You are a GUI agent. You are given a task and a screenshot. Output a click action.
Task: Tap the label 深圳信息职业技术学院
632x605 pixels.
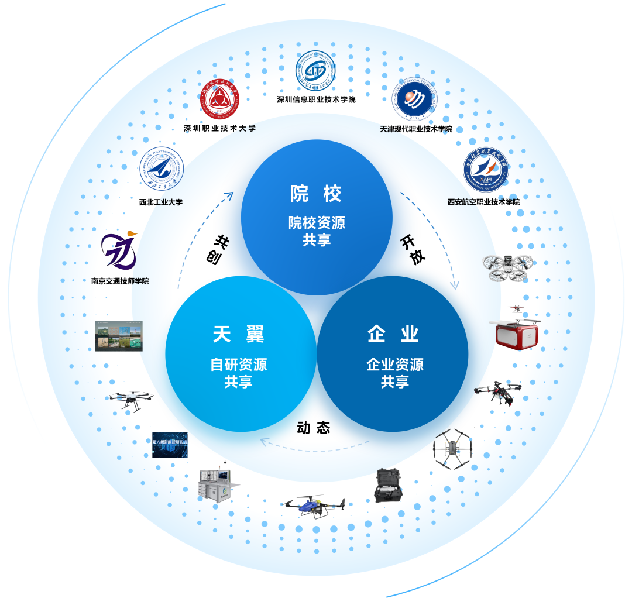pos(316,99)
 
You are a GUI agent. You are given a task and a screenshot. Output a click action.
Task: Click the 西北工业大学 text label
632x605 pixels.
pos(161,202)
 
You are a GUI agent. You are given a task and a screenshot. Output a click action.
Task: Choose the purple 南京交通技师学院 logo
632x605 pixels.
pos(120,250)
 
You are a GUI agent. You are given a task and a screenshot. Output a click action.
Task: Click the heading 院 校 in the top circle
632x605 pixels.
pos(316,194)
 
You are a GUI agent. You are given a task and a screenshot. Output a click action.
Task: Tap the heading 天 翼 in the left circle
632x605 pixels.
pos(239,335)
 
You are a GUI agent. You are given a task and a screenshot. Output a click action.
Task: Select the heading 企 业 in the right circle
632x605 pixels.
pos(394,334)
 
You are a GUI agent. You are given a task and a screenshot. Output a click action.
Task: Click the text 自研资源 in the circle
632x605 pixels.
pos(239,365)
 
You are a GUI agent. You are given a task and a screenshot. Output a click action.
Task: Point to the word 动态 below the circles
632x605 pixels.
pos(314,428)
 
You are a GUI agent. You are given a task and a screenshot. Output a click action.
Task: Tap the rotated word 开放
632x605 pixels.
pos(413,250)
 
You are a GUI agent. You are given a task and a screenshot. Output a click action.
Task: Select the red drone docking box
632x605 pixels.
pos(517,332)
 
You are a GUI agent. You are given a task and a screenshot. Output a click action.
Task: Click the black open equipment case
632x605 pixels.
pos(388,485)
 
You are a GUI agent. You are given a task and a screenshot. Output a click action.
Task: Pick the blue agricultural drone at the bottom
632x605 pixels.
pos(312,507)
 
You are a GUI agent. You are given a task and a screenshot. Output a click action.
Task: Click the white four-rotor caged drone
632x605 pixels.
pos(508,267)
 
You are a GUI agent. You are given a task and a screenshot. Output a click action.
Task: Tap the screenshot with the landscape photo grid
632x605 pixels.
pos(119,336)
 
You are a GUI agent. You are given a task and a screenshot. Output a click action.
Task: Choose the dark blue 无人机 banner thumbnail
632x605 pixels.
pos(170,444)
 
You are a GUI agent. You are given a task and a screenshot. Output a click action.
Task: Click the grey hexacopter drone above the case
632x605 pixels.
pos(452,449)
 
